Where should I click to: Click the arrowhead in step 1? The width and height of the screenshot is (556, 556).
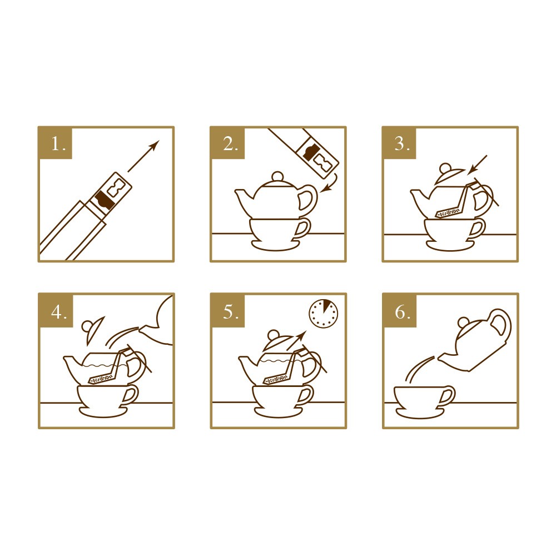click(x=154, y=145)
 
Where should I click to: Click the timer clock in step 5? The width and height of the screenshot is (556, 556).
click(x=324, y=314)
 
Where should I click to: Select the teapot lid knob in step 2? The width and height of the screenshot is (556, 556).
click(x=277, y=177)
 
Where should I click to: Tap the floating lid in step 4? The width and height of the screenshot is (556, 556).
click(x=93, y=329)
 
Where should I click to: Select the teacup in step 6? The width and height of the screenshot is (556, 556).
click(x=424, y=398)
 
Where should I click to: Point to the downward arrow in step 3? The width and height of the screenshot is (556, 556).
click(x=477, y=165)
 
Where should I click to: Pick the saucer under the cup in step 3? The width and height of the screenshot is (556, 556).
click(x=450, y=245)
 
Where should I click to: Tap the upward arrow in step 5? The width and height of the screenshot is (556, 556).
click(x=296, y=341)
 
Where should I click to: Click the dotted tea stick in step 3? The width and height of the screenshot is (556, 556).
click(x=449, y=213)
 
